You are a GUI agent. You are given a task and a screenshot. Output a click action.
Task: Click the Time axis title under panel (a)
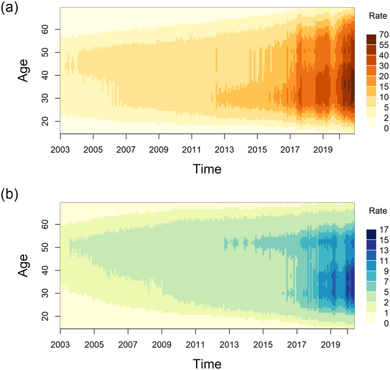coord(207,169)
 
